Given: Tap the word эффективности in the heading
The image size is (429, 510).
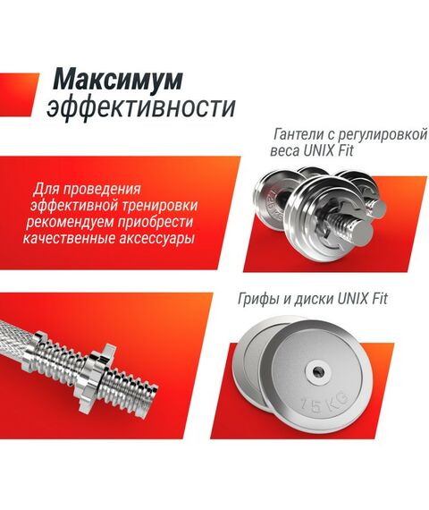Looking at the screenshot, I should [140, 108].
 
